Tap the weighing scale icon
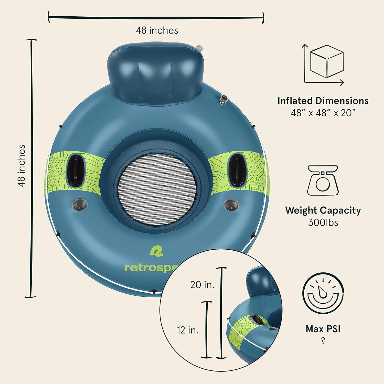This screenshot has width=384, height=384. pyautogui.click(x=323, y=180)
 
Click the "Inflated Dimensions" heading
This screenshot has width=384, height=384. pyautogui.click(x=323, y=101)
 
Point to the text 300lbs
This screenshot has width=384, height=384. pyautogui.click(x=323, y=222)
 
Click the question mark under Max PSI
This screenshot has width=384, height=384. pyautogui.click(x=323, y=341)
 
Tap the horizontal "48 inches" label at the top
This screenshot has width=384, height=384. pyautogui.click(x=157, y=30)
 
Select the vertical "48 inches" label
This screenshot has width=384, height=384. pyautogui.click(x=22, y=166)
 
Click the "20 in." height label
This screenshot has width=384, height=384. pyautogui.click(x=202, y=285)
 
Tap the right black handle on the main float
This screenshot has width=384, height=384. pyautogui.click(x=236, y=169)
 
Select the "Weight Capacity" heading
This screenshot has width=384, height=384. pyautogui.click(x=323, y=210)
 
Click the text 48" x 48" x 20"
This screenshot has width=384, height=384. pyautogui.click(x=323, y=113)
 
